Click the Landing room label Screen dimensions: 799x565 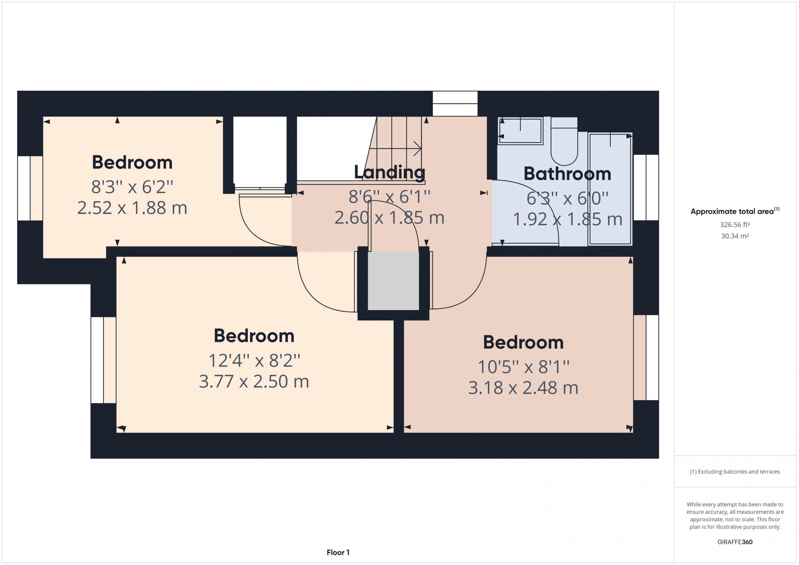390,172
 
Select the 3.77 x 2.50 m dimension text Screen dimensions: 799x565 254,381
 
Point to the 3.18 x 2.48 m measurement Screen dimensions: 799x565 523,388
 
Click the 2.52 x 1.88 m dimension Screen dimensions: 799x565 132,208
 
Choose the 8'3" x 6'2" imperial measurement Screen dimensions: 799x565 132,187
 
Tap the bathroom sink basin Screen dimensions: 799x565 520,131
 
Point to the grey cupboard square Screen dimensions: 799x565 393,280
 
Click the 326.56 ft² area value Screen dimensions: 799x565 735,225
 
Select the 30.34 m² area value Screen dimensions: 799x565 735,236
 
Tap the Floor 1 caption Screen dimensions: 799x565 338,553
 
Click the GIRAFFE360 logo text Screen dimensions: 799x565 735,542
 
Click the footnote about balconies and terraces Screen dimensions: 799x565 735,472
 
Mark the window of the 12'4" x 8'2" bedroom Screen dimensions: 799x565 103,360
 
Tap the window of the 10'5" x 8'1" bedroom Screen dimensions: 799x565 646,358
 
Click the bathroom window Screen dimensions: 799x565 646,188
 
